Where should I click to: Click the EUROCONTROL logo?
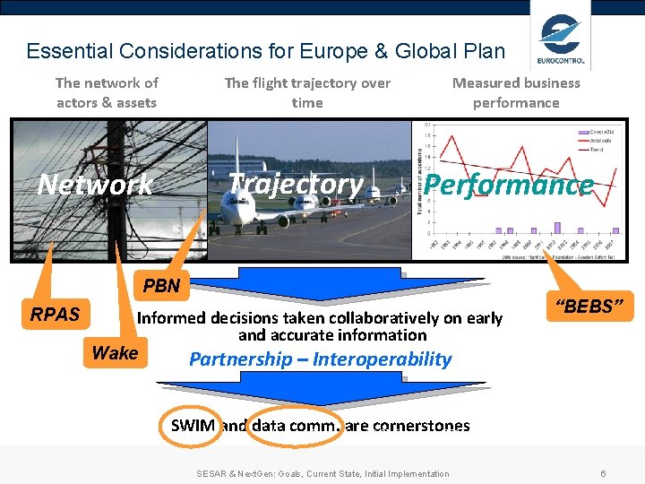point(561,39)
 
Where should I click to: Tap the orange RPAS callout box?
point(56,314)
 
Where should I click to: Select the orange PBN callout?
point(162,287)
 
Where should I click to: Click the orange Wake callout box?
point(115,352)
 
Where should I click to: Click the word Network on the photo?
point(95,185)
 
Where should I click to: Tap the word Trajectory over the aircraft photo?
point(296,184)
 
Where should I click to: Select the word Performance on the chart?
point(508,185)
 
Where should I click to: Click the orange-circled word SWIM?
point(193,426)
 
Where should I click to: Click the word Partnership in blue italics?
point(241,359)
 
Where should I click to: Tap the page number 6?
point(604,473)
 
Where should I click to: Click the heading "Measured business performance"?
point(516,92)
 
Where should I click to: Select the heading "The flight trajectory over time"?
point(307,92)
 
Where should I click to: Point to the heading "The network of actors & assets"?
point(107,92)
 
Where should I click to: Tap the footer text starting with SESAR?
point(322,473)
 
